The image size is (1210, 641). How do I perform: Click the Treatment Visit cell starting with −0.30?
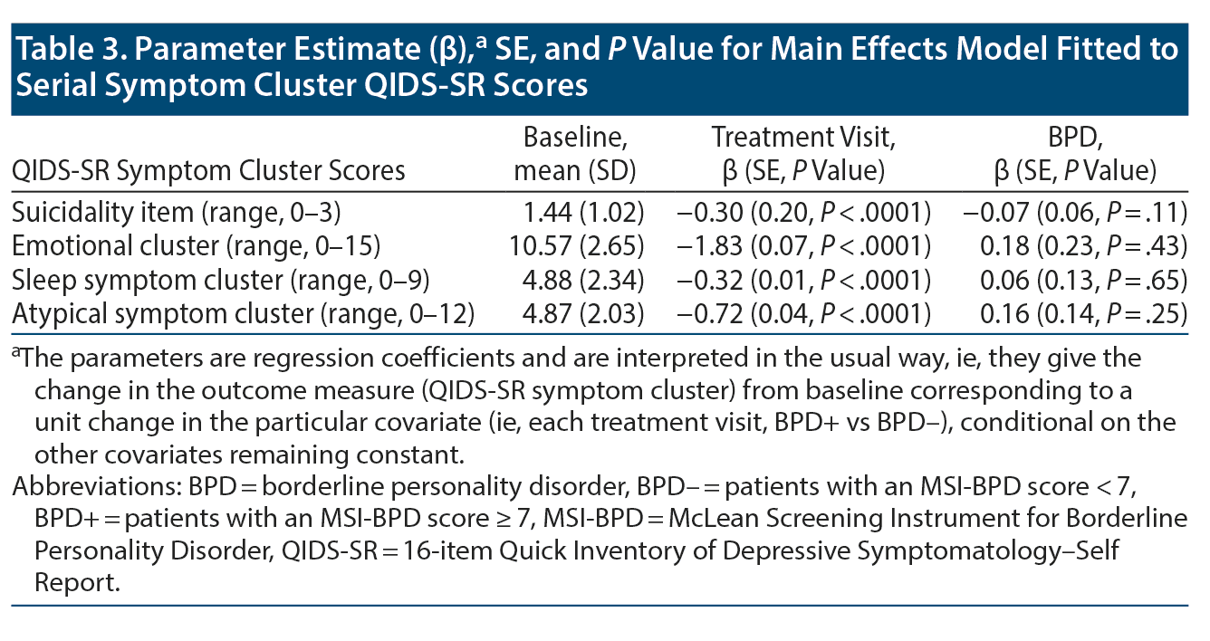[803, 214]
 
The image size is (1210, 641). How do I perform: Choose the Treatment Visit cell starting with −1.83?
[803, 245]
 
